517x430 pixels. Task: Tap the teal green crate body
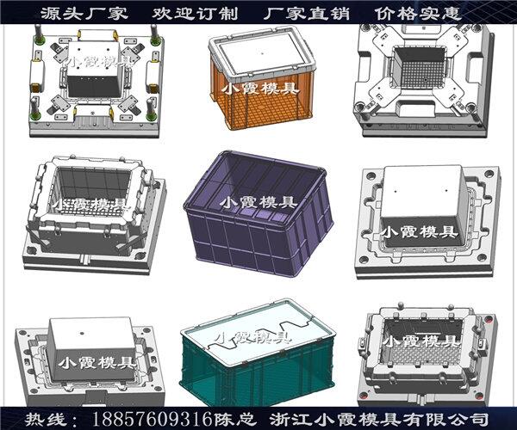(x=257, y=372)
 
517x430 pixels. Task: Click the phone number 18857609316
(x=152, y=419)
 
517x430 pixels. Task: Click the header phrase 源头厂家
(x=84, y=14)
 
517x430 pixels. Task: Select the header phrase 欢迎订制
(x=196, y=14)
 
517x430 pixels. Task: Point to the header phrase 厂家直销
(x=307, y=14)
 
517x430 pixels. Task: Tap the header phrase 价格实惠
(x=418, y=14)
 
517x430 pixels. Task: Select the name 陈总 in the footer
(x=234, y=420)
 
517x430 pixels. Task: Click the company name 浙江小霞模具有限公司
(x=378, y=420)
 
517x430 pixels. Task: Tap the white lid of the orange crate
(x=259, y=55)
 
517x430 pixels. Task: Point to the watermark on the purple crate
(x=258, y=202)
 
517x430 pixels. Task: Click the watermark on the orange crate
(x=260, y=89)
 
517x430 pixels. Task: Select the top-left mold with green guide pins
(x=97, y=81)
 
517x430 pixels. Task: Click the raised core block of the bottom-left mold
(x=93, y=350)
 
